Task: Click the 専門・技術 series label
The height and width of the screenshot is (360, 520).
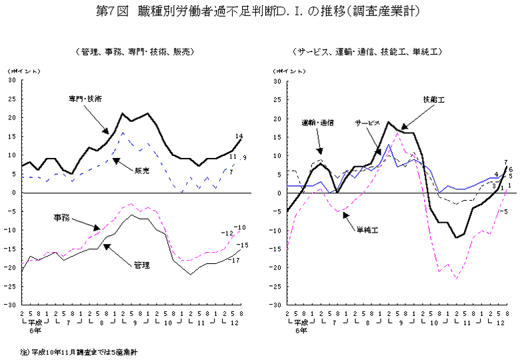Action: tap(85, 99)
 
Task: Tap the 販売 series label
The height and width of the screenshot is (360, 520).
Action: tap(141, 171)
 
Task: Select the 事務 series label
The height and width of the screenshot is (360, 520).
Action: tap(62, 217)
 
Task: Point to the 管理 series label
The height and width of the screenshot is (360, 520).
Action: tap(141, 265)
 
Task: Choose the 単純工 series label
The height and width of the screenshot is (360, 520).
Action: tap(366, 229)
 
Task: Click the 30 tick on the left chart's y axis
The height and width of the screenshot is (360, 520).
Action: tap(11, 81)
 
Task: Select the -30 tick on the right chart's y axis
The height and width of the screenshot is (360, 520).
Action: tap(277, 305)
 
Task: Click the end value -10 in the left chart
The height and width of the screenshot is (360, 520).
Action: tap(241, 227)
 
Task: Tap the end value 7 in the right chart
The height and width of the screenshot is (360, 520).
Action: tap(507, 162)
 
